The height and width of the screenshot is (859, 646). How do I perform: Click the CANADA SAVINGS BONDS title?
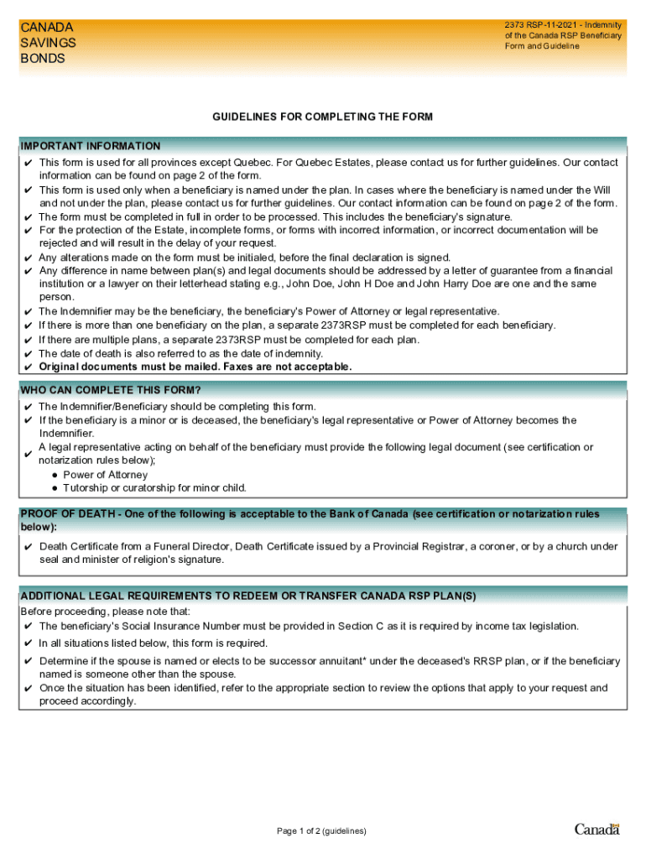pyautogui.click(x=48, y=43)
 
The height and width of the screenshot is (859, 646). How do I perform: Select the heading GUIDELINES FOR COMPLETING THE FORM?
pyautogui.click(x=322, y=117)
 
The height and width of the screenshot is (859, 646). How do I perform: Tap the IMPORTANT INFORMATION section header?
pyautogui.click(x=91, y=146)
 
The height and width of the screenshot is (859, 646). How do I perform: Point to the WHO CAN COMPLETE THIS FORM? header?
pyautogui.click(x=111, y=390)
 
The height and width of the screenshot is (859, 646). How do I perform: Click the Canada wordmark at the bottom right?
pyautogui.click(x=597, y=830)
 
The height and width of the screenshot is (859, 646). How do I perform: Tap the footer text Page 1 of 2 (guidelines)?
pyautogui.click(x=322, y=831)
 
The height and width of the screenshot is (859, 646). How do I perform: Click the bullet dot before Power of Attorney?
pyautogui.click(x=55, y=475)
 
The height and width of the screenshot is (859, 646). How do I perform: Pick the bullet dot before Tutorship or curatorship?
pyautogui.click(x=55, y=488)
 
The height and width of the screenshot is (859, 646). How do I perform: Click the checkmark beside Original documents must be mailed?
pyautogui.click(x=29, y=367)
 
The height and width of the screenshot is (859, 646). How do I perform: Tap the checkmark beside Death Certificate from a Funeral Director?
pyautogui.click(x=29, y=547)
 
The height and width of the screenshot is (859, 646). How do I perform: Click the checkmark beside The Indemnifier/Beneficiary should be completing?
pyautogui.click(x=29, y=407)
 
